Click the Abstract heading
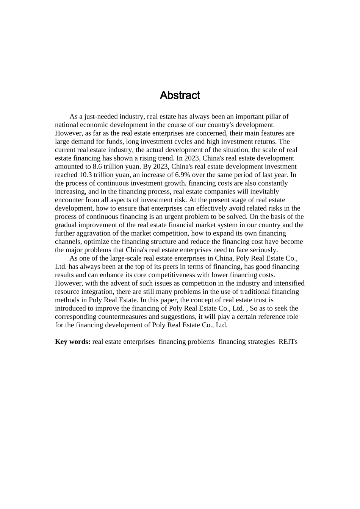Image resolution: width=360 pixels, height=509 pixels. click(x=180, y=95)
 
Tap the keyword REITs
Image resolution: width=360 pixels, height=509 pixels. click(x=288, y=342)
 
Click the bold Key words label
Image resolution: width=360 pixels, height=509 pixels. click(x=72, y=342)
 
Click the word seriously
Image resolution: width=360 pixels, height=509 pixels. click(x=264, y=250)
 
